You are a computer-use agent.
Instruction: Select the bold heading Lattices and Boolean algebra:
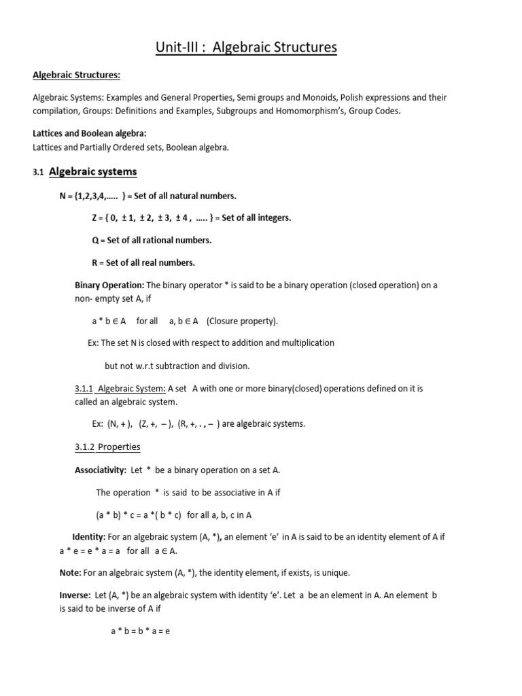coord(89,133)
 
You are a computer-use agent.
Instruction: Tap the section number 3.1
coord(37,173)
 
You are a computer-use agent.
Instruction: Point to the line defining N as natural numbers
coord(148,196)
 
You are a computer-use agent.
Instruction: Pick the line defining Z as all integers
coord(191,217)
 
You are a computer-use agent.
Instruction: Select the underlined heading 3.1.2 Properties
coord(107,447)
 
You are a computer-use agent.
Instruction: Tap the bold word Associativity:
coord(100,470)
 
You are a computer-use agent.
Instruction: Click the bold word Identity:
coord(89,537)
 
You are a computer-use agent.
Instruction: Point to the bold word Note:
coord(70,573)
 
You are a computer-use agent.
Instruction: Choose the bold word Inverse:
coord(75,595)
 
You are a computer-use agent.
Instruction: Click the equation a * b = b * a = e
coord(140,631)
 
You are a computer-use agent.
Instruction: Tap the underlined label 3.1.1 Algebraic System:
coord(120,388)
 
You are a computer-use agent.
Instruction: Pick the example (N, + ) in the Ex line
coord(120,423)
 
